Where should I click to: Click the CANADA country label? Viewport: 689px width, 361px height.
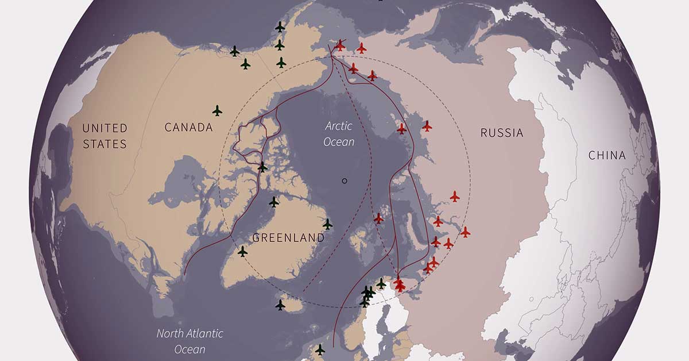[188, 127]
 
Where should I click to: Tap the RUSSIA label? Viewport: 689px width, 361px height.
[502, 133]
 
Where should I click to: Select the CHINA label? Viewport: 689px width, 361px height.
[607, 155]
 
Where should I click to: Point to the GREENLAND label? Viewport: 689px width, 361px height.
[288, 237]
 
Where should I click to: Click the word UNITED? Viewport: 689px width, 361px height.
[104, 128]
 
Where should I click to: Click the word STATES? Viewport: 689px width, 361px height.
[104, 144]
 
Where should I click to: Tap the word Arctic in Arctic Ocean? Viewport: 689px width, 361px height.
[338, 126]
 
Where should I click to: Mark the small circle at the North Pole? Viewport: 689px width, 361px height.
[344, 180]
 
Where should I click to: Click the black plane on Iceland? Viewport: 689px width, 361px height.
[280, 305]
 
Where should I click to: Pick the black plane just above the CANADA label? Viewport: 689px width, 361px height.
[217, 110]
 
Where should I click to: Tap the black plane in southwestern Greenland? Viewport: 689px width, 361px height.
[242, 251]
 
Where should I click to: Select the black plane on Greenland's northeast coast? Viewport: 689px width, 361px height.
[327, 224]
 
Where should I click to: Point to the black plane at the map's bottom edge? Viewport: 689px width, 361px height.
[320, 349]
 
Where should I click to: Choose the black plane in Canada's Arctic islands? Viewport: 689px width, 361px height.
[262, 167]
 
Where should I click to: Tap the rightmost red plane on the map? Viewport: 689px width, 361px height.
[465, 232]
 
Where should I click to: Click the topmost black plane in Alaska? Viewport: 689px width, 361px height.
[280, 26]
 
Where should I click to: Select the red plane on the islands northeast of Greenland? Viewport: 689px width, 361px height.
[378, 218]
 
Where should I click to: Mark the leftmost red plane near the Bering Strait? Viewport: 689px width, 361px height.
[340, 45]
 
